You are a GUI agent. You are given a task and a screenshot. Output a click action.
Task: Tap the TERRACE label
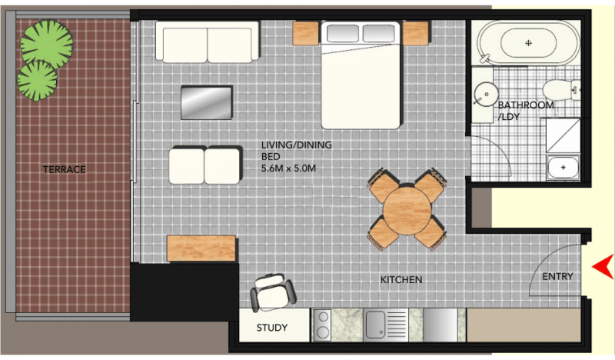pos(65,169)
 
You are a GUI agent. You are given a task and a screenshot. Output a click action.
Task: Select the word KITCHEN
pos(401,279)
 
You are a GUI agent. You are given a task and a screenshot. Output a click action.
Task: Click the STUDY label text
pos(272,328)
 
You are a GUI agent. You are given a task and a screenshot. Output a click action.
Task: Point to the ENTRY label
pos(558,276)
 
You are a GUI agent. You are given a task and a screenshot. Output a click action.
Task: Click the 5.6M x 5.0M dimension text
pos(289,168)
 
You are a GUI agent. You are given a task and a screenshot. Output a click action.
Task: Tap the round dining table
pos(407,211)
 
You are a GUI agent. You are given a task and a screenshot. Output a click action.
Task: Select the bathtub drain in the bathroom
pos(528,43)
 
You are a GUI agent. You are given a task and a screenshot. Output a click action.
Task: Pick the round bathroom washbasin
pos(486,94)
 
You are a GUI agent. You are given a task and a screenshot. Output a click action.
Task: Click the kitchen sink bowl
pos(375,325)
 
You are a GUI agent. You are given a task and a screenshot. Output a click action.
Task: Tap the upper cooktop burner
pos(323,317)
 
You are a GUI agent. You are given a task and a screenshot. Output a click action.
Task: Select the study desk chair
pos(273,292)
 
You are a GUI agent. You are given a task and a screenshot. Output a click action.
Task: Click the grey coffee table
pos(206,102)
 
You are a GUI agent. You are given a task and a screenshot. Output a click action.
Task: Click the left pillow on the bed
pos(342,33)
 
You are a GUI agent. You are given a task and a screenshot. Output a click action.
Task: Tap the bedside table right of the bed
pos(416,33)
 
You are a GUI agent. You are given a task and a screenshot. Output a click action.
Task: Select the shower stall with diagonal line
pos(563,135)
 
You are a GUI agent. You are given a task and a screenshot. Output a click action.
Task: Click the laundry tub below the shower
pos(563,167)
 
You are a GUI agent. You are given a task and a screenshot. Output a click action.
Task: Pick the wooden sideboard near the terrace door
pos(201,248)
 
